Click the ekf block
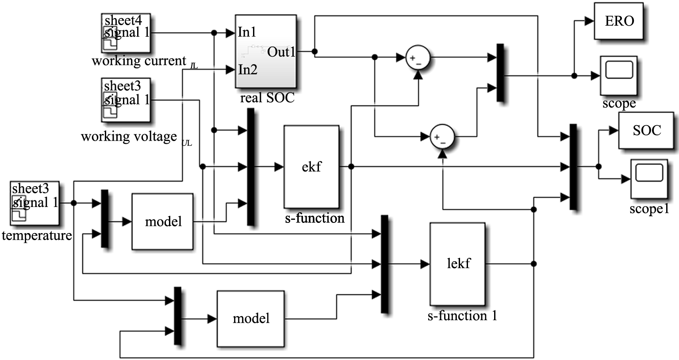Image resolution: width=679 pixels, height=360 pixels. (311, 167)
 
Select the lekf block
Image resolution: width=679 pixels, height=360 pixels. (458, 264)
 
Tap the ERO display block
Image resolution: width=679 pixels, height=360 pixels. (619, 21)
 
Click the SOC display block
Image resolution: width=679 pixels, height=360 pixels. (647, 130)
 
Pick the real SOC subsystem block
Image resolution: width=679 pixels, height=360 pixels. (265, 51)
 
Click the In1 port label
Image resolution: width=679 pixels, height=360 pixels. (247, 32)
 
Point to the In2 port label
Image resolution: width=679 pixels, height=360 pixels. (248, 69)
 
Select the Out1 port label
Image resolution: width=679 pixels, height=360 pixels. (281, 52)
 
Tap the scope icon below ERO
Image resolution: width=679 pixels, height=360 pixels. (619, 75)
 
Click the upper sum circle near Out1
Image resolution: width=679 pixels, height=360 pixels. (418, 58)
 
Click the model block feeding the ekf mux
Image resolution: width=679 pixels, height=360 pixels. (163, 221)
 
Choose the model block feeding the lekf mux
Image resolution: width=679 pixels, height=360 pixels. (250, 318)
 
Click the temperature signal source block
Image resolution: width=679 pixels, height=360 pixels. (35, 203)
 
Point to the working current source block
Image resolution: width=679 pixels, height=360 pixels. (126, 33)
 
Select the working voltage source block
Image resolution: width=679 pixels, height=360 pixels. (126, 100)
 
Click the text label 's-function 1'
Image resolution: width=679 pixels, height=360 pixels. (462, 316)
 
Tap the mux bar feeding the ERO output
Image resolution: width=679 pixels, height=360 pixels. (500, 73)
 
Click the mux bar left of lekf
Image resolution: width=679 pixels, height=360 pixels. (384, 264)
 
